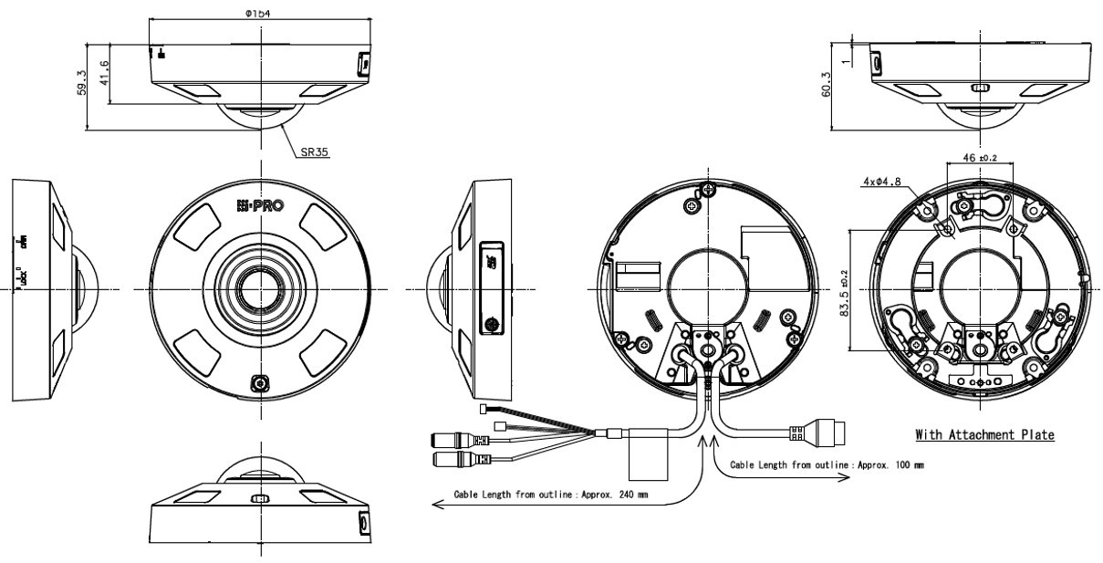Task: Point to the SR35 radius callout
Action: pyautogui.click(x=313, y=153)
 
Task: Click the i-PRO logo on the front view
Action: pyautogui.click(x=259, y=206)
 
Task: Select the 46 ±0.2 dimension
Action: pyautogui.click(x=981, y=159)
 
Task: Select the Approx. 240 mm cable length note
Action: pyautogui.click(x=553, y=494)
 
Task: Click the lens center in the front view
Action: pyautogui.click(x=261, y=291)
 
